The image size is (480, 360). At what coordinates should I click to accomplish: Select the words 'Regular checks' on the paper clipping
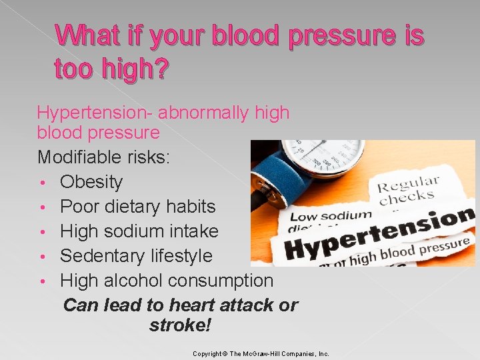(x=408, y=191)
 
